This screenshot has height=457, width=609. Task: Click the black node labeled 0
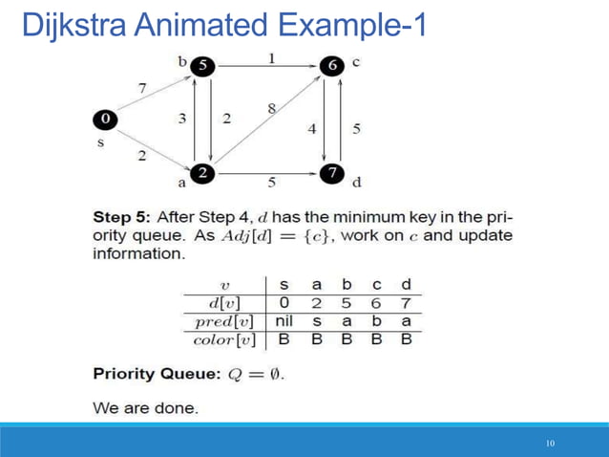105,119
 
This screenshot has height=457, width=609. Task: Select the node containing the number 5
202,66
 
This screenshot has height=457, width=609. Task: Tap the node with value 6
331,66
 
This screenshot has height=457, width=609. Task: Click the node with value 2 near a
202,173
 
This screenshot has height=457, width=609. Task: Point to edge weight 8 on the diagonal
273,109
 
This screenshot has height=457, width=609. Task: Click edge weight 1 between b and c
271,57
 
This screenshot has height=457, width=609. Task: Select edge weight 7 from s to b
142,87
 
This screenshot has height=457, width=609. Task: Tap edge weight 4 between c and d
311,127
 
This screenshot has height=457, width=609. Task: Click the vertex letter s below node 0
100,142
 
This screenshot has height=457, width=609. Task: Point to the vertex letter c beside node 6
356,63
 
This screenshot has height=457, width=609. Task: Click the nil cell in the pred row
283,320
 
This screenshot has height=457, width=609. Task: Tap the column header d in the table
407,285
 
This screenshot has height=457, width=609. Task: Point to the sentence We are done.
146,407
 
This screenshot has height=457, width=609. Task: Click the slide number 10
550,444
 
